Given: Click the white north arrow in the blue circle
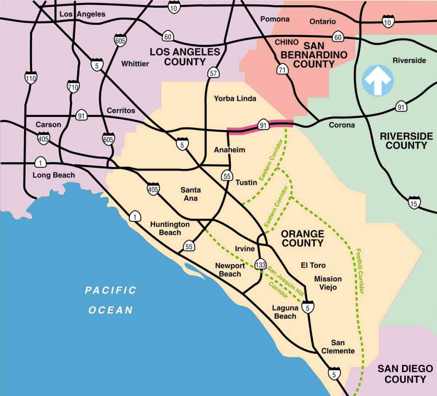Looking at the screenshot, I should click(378, 80).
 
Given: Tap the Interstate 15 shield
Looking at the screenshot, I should click(414, 202).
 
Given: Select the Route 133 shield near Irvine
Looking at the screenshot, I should click(260, 264).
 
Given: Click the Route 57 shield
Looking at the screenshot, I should click(213, 73).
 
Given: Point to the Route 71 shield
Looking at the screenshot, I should click(282, 70).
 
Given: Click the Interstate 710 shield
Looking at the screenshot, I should click(73, 87).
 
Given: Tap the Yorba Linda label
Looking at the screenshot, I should click(235, 99).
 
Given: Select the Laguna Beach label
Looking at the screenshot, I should click(285, 312).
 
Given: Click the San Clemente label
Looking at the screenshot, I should click(338, 346).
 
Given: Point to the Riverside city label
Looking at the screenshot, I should click(409, 60).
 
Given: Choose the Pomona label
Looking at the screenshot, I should click(274, 19).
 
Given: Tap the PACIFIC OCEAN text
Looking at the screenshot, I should click(111, 300).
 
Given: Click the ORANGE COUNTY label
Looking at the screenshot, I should click(302, 239).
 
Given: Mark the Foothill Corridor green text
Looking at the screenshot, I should click(361, 271).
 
